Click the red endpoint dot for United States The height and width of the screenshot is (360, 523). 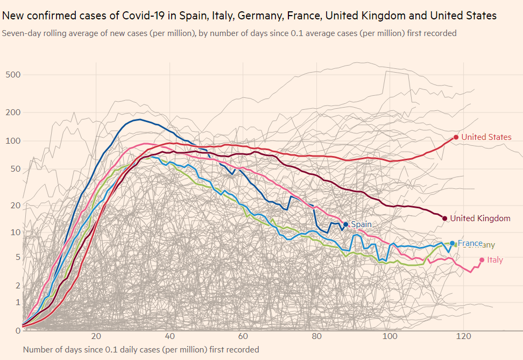pyautogui.click(x=456, y=137)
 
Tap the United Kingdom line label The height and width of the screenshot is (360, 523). pyautogui.click(x=480, y=218)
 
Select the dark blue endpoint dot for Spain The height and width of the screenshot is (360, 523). pyautogui.click(x=345, y=224)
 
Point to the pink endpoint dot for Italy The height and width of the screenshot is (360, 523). pyautogui.click(x=482, y=260)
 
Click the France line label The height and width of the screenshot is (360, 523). pyautogui.click(x=470, y=243)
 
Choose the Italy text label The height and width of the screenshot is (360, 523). pyautogui.click(x=495, y=260)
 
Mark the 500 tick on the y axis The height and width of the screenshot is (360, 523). pyautogui.click(x=13, y=74)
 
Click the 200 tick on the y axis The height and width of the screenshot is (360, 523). pyautogui.click(x=13, y=112)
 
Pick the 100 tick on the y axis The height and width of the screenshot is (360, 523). pyautogui.click(x=13, y=141)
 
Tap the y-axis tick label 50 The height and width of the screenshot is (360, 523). pyautogui.click(x=15, y=169)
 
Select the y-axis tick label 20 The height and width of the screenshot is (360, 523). pyautogui.click(x=15, y=206)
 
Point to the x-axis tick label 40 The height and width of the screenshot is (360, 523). pyautogui.click(x=170, y=337)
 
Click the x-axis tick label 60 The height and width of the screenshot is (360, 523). pyautogui.click(x=243, y=337)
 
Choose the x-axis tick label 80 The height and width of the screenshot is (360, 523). pyautogui.click(x=316, y=337)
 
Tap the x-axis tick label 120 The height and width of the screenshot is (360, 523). pyautogui.click(x=463, y=337)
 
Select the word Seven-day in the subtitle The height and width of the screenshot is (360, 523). pyautogui.click(x=20, y=33)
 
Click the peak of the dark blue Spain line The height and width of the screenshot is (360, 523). pyautogui.click(x=139, y=119)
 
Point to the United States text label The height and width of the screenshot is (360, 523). pyautogui.click(x=486, y=137)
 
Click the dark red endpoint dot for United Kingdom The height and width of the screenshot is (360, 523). pyautogui.click(x=444, y=218)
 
